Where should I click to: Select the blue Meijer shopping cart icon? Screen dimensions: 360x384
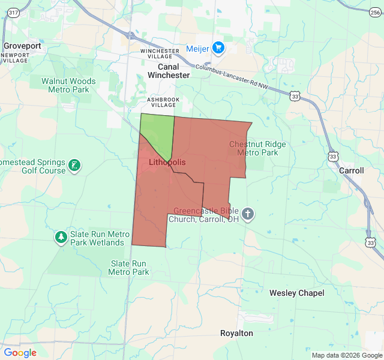(x=218, y=48)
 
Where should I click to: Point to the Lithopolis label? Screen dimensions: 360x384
(x=163, y=163)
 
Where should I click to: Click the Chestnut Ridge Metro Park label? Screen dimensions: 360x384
(x=257, y=148)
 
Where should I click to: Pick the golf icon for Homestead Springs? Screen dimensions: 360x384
(x=74, y=166)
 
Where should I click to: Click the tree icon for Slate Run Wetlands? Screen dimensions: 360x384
(x=61, y=238)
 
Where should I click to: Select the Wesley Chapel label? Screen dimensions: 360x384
(x=296, y=293)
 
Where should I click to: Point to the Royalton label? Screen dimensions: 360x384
(x=236, y=333)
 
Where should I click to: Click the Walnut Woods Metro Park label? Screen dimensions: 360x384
(x=68, y=85)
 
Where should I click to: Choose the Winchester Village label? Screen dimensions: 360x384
(x=160, y=54)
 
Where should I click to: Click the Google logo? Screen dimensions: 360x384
(x=20, y=353)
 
